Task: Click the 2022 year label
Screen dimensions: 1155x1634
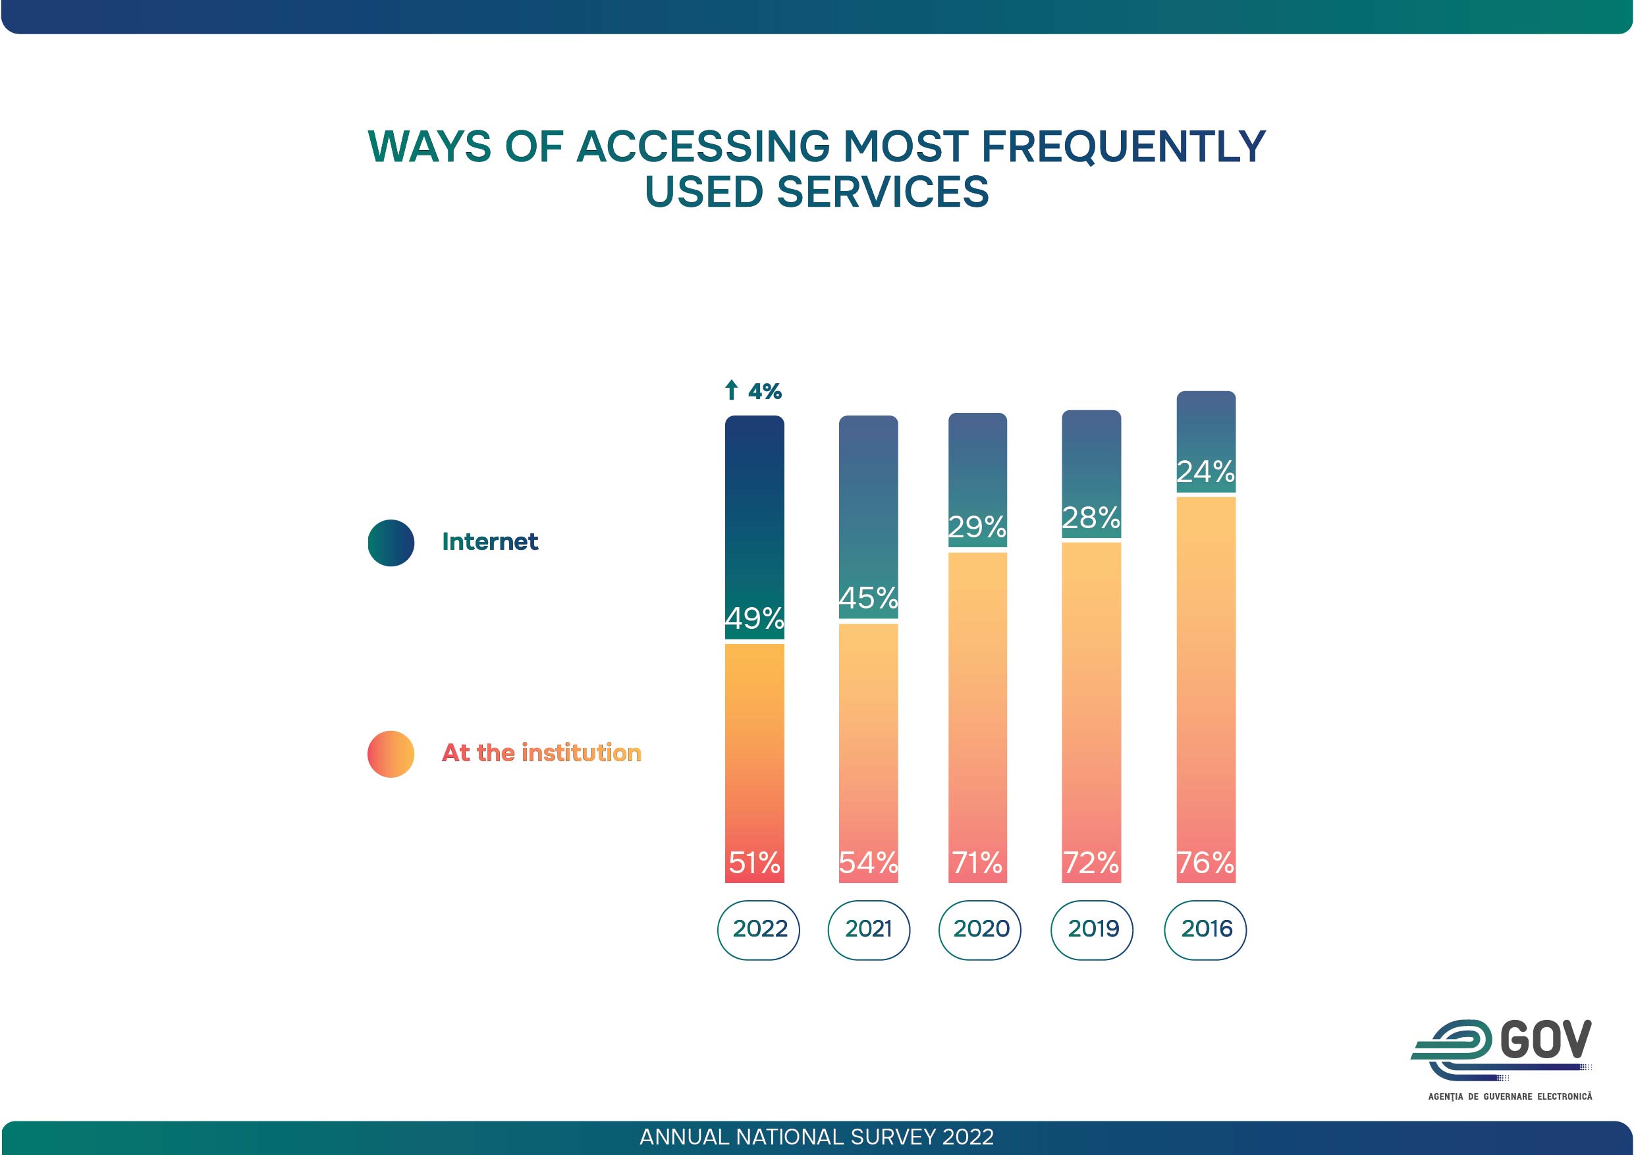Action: [x=759, y=929]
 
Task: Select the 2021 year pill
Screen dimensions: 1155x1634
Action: [x=868, y=929]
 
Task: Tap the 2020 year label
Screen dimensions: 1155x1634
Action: [x=980, y=929]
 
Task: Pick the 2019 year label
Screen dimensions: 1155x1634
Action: [x=1093, y=929]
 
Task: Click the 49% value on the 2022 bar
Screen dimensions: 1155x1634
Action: [x=754, y=618]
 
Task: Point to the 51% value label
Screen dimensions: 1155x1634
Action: [x=754, y=863]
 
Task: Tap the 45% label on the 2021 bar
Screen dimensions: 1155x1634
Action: [x=868, y=598]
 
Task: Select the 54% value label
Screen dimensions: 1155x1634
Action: [x=868, y=863]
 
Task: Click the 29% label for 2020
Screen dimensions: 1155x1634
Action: [x=977, y=527]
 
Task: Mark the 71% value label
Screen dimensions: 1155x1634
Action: [x=977, y=863]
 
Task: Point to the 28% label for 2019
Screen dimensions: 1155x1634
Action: [x=1091, y=518]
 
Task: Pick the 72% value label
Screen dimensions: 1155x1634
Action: [x=1091, y=863]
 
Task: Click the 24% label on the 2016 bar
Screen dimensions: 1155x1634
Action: [x=1205, y=471]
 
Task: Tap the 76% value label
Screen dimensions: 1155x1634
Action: [x=1205, y=863]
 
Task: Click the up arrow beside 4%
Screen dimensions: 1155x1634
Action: [x=731, y=390]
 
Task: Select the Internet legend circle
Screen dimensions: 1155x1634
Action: [x=391, y=543]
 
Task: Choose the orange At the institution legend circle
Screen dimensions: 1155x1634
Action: [x=391, y=753]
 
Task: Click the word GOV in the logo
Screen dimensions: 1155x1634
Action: [x=1545, y=1040]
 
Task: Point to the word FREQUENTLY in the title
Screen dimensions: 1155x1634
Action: [x=1123, y=147]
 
